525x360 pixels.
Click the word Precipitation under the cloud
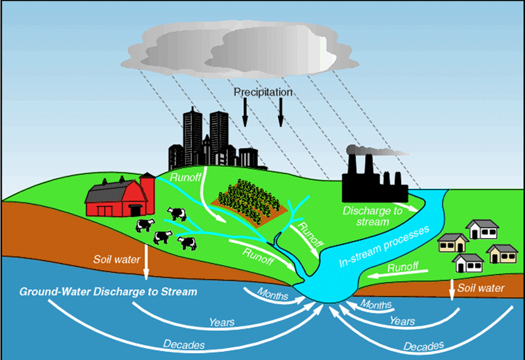point(263,92)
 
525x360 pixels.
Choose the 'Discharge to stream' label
point(373,216)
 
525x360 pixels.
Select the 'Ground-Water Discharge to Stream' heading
point(108,292)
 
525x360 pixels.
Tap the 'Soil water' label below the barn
point(117,259)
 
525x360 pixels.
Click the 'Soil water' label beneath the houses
point(481,288)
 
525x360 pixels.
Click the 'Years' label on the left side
point(222,322)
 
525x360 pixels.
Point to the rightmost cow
point(187,243)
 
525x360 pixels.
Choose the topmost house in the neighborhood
point(481,229)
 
